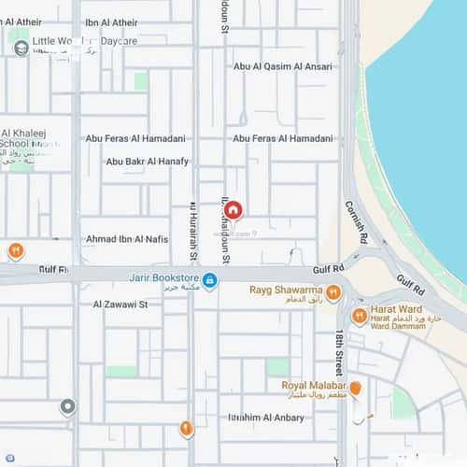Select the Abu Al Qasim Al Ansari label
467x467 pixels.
coord(282,66)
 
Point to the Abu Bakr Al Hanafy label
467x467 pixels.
coord(147,161)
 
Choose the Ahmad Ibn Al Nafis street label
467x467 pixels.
coord(127,239)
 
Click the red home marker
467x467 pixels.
coord(234,210)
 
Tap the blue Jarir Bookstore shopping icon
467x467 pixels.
coord(210,279)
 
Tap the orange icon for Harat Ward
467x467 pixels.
coord(360,317)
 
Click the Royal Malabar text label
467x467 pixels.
coord(314,385)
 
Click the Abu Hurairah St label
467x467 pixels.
coord(193,232)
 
